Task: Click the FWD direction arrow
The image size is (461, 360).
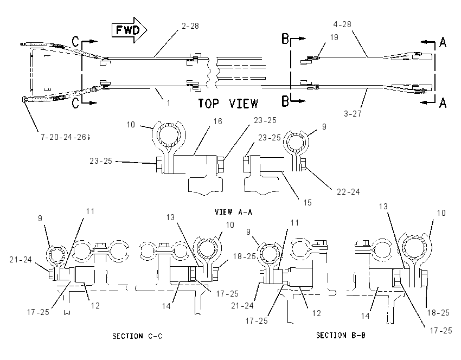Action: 130,30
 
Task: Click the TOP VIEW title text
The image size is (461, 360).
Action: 228,104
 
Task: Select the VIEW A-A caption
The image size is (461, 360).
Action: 233,212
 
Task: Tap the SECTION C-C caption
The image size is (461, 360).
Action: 137,336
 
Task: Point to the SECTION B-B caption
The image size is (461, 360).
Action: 341,335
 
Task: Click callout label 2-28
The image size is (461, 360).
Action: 190,26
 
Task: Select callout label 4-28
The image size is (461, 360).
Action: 342,24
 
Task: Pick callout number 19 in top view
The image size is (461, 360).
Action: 334,37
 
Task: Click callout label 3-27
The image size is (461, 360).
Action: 353,113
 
